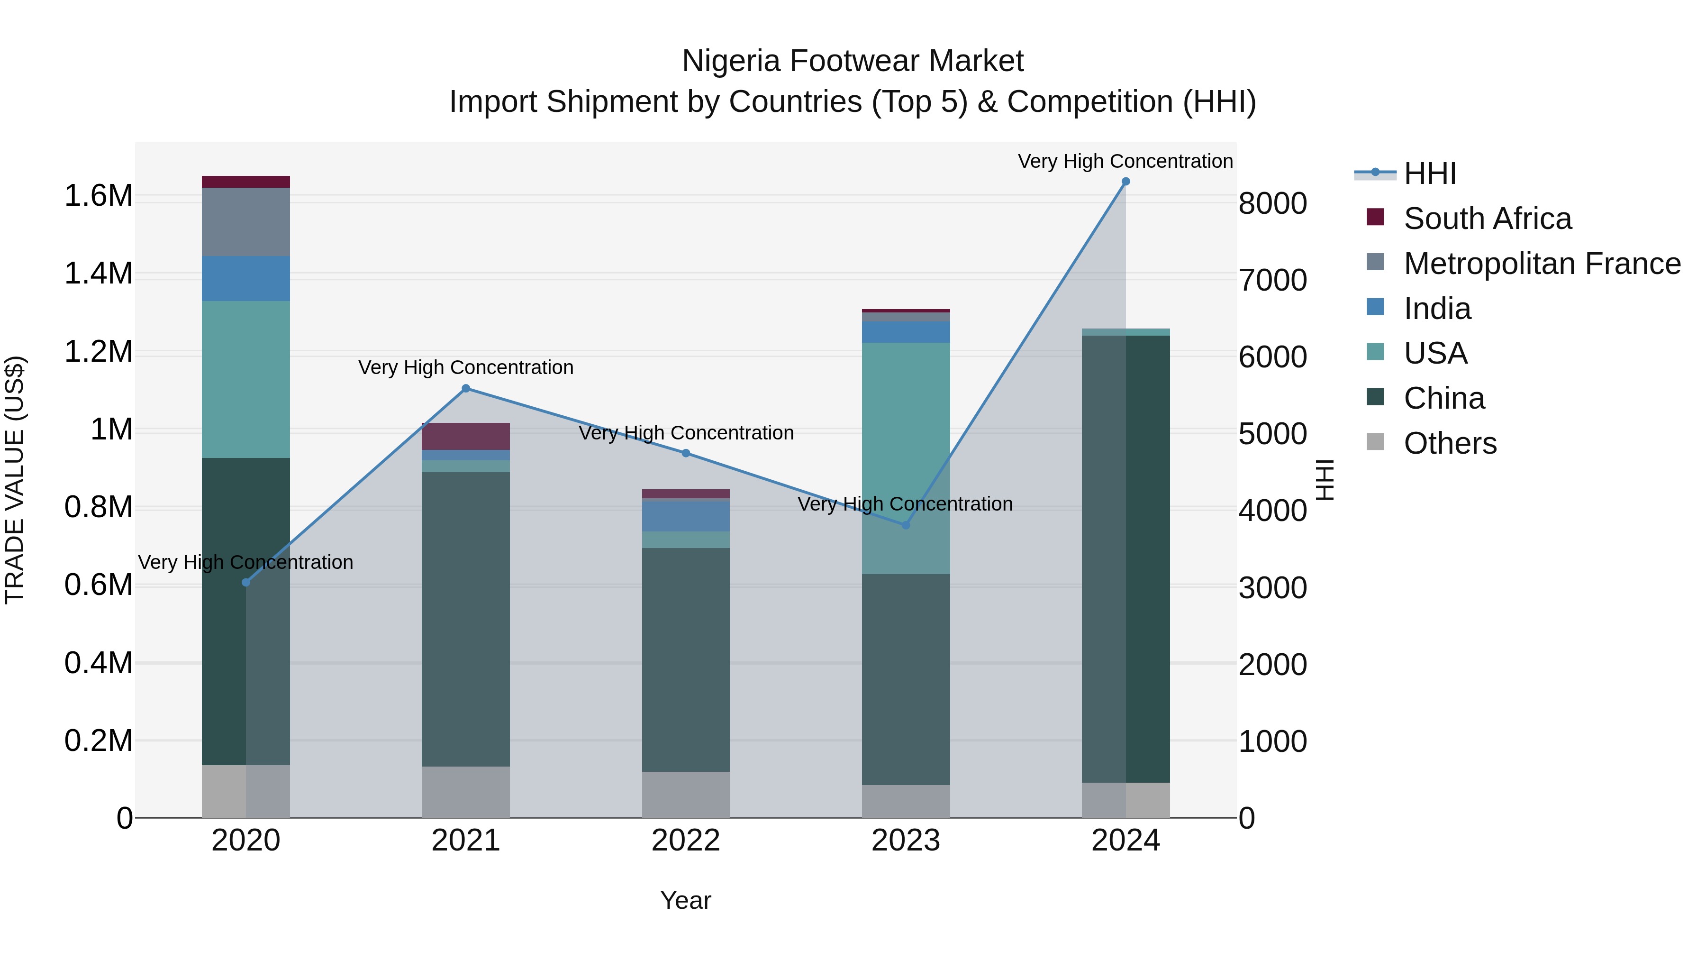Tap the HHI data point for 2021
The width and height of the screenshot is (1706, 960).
[x=465, y=389]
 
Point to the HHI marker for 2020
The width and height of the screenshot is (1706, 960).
[x=245, y=582]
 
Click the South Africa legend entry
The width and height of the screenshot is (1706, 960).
[x=1487, y=219]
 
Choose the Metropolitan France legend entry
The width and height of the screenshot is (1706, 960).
[x=1542, y=264]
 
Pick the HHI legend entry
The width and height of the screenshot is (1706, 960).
[x=1429, y=174]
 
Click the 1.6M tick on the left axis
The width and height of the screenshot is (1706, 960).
[x=99, y=196]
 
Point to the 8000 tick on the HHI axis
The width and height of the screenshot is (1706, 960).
[x=1272, y=203]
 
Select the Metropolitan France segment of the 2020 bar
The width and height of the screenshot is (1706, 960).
[x=245, y=222]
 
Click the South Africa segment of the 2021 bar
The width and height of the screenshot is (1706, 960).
[x=465, y=437]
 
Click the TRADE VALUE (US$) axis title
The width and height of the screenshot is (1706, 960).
[x=15, y=480]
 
